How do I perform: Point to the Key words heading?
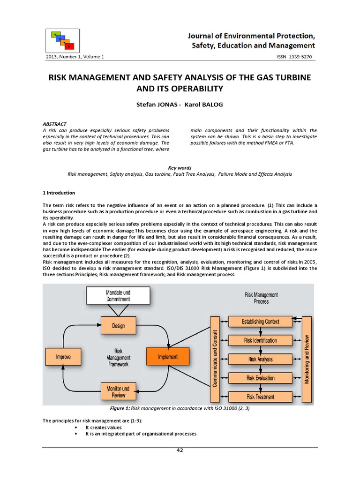tap(180, 168)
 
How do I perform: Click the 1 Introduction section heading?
tap(59, 193)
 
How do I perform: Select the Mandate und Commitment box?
tap(118, 296)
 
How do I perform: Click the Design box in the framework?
tap(119, 325)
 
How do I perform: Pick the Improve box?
tap(64, 357)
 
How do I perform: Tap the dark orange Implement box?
tap(167, 357)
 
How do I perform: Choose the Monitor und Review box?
tap(119, 391)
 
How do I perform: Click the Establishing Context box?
tap(260, 322)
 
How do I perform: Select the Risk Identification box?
tap(260, 340)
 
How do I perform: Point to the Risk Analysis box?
tap(260, 360)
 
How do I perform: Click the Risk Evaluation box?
tap(260, 378)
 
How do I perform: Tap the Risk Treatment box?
tap(260, 397)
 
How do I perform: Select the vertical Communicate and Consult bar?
tap(216, 359)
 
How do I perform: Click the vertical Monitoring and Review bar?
tap(307, 359)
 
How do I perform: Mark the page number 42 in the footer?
tap(180, 450)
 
